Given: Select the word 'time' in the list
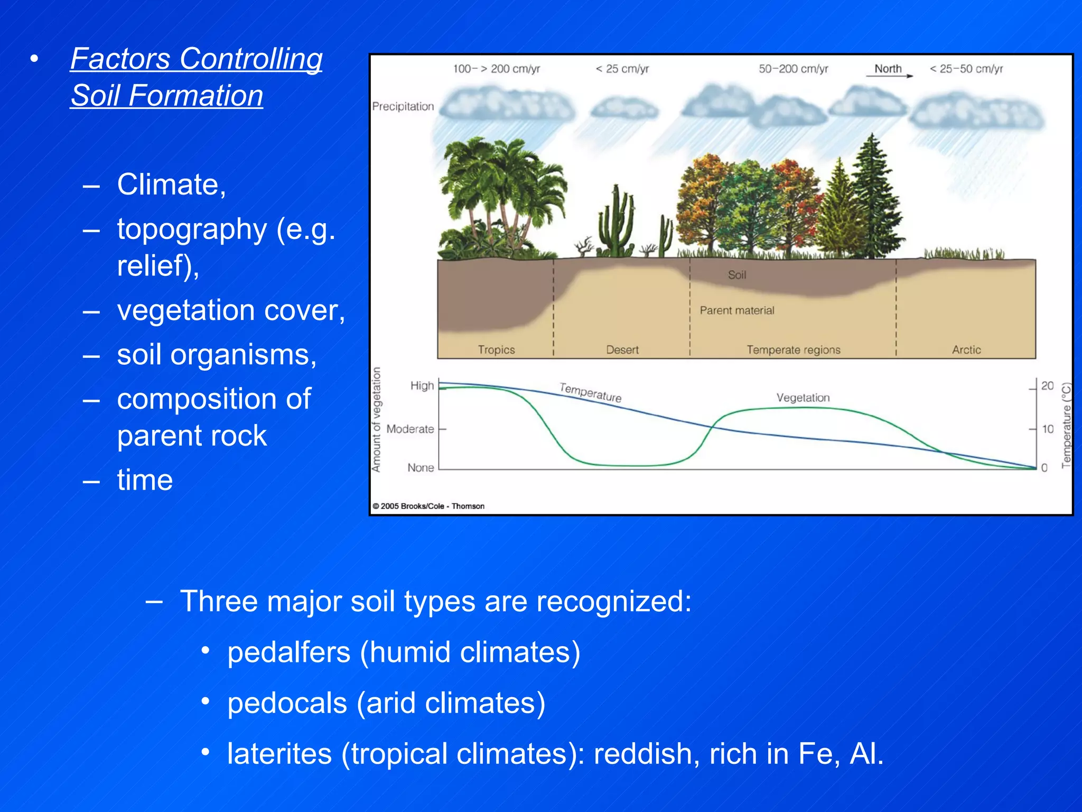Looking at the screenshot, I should [x=145, y=480].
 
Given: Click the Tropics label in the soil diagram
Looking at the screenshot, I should [x=496, y=349].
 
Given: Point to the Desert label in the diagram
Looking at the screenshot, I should [x=622, y=349].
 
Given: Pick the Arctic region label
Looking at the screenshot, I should [x=966, y=349].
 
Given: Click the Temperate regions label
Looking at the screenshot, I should [x=794, y=349].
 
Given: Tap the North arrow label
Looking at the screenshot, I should [x=888, y=69].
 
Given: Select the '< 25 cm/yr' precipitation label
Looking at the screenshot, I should [x=622, y=69].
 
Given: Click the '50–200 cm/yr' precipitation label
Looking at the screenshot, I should [x=794, y=69].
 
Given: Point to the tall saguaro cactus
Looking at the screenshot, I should [x=615, y=222].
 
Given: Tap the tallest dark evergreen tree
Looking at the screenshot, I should [x=872, y=201].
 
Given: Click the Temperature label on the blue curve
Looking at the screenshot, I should [x=591, y=392].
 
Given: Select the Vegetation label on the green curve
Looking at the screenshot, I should [x=803, y=398].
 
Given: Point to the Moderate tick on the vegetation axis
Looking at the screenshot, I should [x=411, y=429].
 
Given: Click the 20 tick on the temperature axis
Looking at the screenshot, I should [x=1047, y=386].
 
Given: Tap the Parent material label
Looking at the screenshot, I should [x=737, y=310].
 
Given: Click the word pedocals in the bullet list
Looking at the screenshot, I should [x=287, y=703].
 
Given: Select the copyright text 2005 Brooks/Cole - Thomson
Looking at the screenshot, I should [x=429, y=506].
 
